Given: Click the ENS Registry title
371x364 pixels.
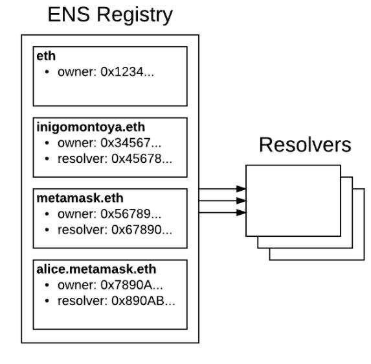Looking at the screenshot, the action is click(x=110, y=15).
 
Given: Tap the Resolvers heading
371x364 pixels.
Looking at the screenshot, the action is click(x=305, y=145).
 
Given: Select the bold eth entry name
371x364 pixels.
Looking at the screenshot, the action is click(x=46, y=56).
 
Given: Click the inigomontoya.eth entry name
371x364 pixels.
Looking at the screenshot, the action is click(x=91, y=127).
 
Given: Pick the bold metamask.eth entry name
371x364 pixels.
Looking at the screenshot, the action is click(x=80, y=198).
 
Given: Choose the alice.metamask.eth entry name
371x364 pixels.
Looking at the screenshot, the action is click(x=96, y=269).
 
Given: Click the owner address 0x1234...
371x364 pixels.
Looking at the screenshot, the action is click(x=128, y=71).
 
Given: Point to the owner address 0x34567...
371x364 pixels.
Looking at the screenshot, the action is click(x=131, y=143).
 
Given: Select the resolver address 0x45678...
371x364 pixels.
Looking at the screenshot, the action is click(x=142, y=159).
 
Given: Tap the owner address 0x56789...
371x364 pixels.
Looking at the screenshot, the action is click(x=131, y=214).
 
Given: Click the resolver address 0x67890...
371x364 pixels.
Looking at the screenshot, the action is click(x=142, y=230).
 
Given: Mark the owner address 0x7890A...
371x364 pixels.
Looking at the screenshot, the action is click(x=131, y=285).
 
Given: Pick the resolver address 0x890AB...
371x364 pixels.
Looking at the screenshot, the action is click(x=143, y=300).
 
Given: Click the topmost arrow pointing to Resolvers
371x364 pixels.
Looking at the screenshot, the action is click(x=223, y=189).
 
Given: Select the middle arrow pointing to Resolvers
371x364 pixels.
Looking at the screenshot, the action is click(x=223, y=200).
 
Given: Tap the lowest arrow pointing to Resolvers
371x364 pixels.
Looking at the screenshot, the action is click(x=223, y=212).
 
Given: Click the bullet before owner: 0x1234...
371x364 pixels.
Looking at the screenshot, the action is click(x=47, y=71).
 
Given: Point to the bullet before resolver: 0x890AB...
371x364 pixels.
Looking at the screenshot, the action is click(x=47, y=300).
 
